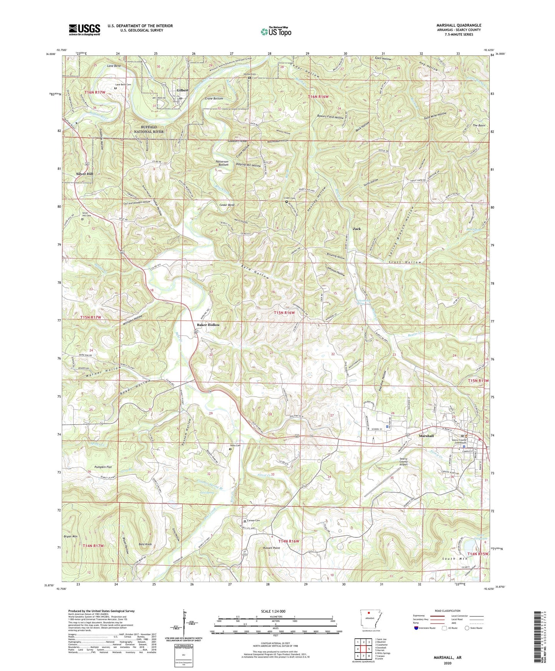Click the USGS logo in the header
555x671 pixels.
[x=84, y=29]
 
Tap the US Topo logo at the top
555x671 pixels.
[x=275, y=32]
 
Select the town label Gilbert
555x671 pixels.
[x=182, y=90]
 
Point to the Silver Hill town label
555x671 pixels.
[x=84, y=174]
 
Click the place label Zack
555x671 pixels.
[x=357, y=229]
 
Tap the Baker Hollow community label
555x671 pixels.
[x=209, y=325]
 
